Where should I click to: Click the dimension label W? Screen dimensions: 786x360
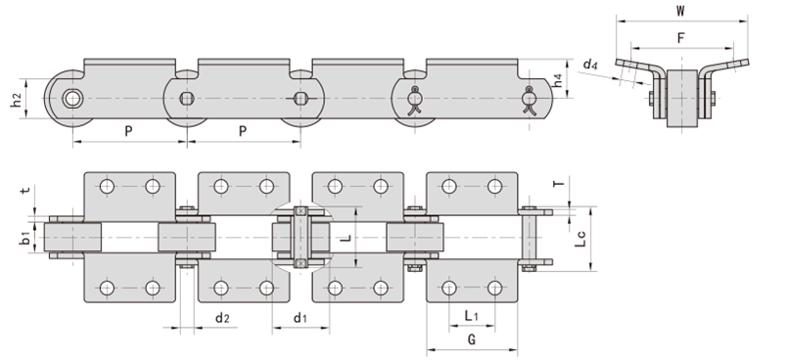(x=680, y=11)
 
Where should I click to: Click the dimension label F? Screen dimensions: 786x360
(x=680, y=38)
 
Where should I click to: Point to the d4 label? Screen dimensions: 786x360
(x=590, y=65)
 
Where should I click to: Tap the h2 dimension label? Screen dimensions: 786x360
(x=16, y=100)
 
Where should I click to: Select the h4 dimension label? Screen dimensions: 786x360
(x=558, y=80)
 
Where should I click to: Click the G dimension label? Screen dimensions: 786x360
(x=471, y=339)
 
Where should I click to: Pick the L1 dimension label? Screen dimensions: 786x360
(x=471, y=316)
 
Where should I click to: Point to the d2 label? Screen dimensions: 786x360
(x=222, y=317)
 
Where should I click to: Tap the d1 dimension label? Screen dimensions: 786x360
(x=300, y=317)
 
